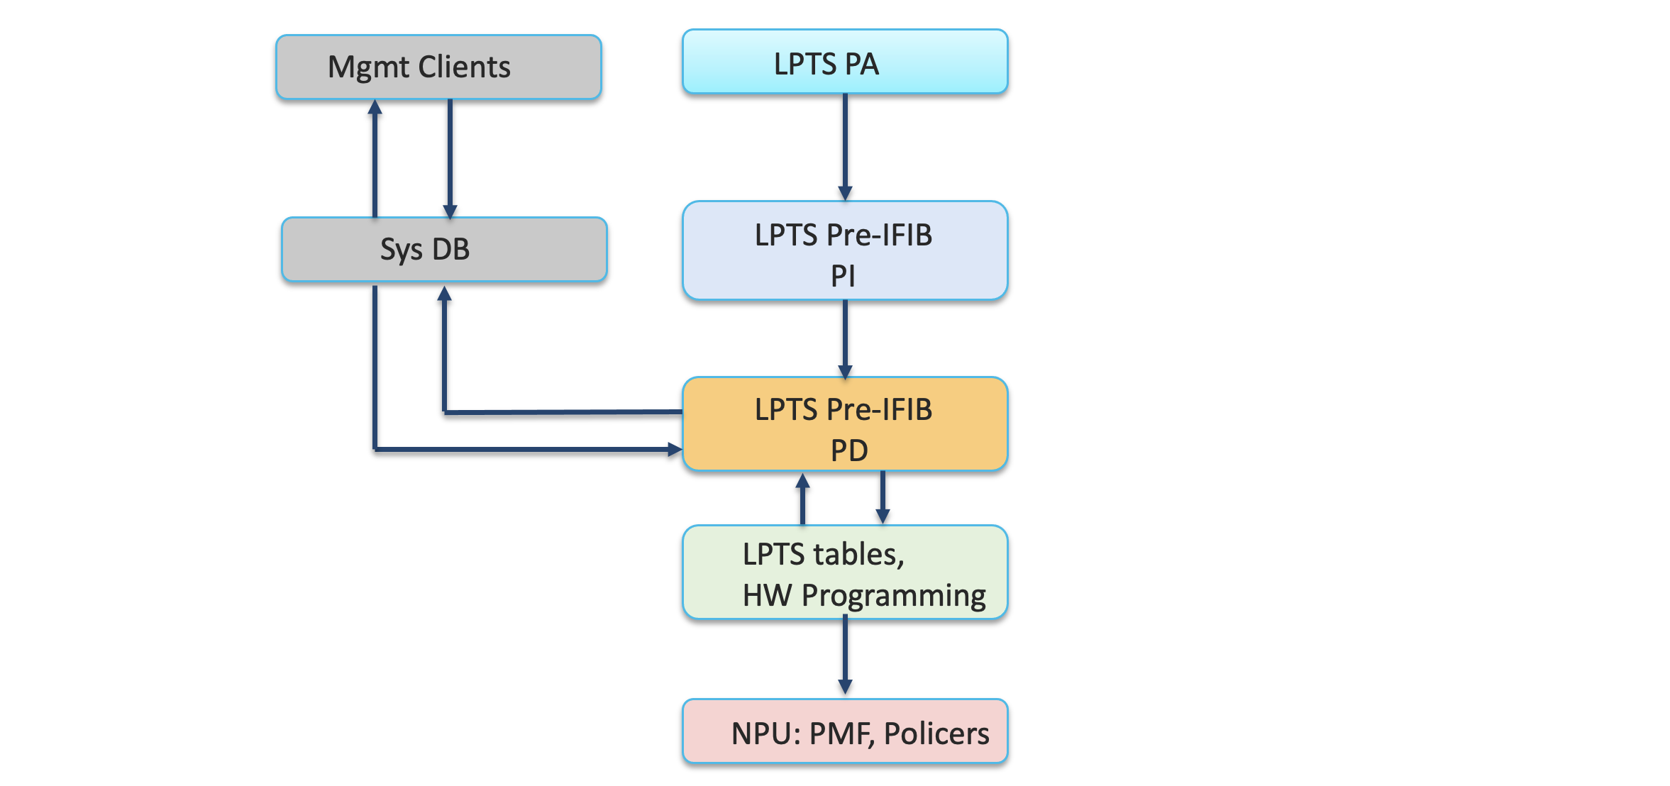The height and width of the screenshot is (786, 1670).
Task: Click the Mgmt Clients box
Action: pos(438,67)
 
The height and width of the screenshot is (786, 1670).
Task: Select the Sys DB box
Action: pos(444,250)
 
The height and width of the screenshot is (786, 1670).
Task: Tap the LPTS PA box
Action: pos(845,62)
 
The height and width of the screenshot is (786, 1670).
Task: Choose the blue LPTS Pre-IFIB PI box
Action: pos(845,250)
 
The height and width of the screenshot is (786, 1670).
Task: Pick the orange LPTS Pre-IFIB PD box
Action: pos(845,424)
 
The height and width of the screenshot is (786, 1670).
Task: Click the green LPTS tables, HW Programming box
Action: pos(845,572)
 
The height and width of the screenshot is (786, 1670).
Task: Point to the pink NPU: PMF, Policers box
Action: pos(845,731)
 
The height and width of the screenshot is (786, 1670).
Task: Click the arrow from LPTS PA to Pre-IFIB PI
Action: pos(845,148)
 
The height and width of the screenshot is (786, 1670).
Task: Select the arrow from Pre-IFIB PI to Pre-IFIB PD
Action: pos(845,339)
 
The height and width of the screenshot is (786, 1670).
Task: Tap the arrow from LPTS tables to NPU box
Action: pos(845,655)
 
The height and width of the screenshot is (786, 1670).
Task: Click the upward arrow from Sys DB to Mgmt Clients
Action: pos(375,159)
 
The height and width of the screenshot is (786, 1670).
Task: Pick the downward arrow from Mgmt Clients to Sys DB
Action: pos(450,159)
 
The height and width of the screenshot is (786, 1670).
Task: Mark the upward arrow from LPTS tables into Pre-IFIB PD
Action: pos(802,499)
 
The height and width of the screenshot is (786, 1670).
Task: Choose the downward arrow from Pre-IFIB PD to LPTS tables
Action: pos(883,497)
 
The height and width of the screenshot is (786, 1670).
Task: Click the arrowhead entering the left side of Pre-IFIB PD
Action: pos(675,449)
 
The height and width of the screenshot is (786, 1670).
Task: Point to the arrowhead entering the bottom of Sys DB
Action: pos(444,294)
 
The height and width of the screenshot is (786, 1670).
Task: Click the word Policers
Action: pos(936,734)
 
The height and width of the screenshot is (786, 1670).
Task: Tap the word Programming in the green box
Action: pos(893,596)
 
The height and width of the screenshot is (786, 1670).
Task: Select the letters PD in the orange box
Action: pos(849,450)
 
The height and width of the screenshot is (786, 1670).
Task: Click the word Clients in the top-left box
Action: pos(464,67)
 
